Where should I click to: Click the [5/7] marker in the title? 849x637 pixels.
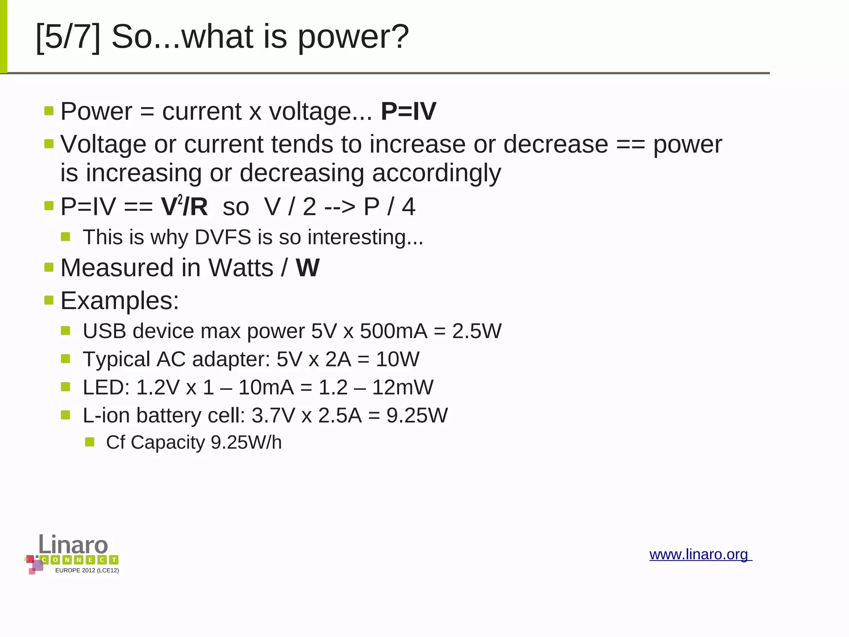pyautogui.click(x=68, y=37)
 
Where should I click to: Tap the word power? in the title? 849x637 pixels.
pyautogui.click(x=353, y=37)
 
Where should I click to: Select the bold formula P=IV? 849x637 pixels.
pyautogui.click(x=408, y=111)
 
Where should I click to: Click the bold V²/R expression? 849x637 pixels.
pyautogui.click(x=184, y=206)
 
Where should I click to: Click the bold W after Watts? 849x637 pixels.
pyautogui.click(x=307, y=268)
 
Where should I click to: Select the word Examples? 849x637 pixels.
pyautogui.click(x=120, y=300)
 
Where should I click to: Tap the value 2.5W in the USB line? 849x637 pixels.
pyautogui.click(x=477, y=331)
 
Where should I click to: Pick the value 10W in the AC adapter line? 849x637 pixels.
pyautogui.click(x=398, y=359)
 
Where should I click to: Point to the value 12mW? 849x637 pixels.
pyautogui.click(x=403, y=387)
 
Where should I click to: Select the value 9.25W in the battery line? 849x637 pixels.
pyautogui.click(x=417, y=415)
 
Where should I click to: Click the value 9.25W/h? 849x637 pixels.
pyautogui.click(x=246, y=442)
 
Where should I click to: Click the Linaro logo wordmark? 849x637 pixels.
pyautogui.click(x=73, y=544)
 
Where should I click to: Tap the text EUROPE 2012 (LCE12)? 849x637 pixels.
pyautogui.click(x=87, y=571)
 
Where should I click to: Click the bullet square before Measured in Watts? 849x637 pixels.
pyautogui.click(x=49, y=267)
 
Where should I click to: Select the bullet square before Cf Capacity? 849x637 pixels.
pyautogui.click(x=90, y=442)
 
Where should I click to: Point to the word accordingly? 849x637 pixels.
pyautogui.click(x=437, y=173)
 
